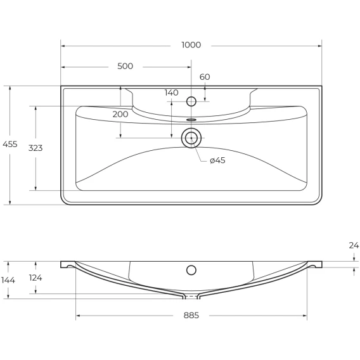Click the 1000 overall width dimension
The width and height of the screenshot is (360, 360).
click(x=191, y=45)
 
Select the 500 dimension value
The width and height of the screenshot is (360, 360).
click(x=125, y=66)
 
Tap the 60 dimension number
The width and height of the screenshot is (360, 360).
click(x=205, y=77)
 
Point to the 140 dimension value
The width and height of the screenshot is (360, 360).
click(x=172, y=93)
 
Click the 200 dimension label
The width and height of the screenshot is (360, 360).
click(x=120, y=114)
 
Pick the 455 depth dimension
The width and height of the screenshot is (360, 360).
click(x=10, y=144)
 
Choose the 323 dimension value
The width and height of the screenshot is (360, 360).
click(x=35, y=148)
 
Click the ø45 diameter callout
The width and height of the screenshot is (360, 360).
click(x=217, y=160)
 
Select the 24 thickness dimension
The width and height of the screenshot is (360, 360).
click(x=354, y=245)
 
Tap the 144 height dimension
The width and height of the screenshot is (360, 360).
click(x=8, y=280)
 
